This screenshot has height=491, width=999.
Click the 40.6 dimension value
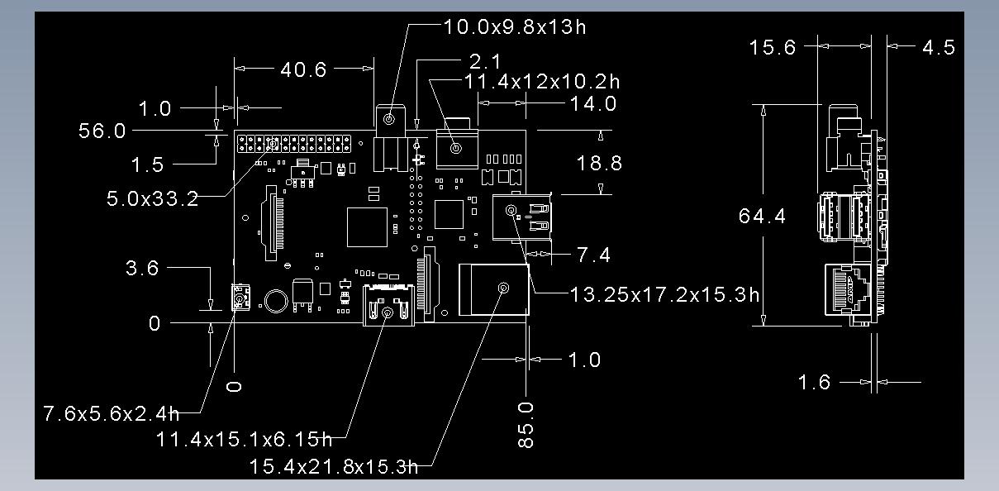(x=303, y=69)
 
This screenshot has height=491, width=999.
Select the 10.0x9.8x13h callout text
(x=515, y=26)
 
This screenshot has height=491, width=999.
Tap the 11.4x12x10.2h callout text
(x=541, y=82)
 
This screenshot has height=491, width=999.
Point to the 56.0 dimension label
(x=102, y=131)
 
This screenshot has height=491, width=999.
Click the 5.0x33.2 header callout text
(x=153, y=198)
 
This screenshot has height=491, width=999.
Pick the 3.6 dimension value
(x=142, y=268)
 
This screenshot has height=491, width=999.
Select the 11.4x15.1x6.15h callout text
(x=244, y=439)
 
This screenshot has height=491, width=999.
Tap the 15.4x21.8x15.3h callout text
(x=333, y=467)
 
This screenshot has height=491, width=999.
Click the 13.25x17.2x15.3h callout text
(x=664, y=294)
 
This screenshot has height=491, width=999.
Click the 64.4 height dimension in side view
(x=762, y=217)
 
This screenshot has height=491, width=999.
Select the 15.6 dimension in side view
(x=773, y=47)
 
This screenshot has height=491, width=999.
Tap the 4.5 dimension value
(x=939, y=47)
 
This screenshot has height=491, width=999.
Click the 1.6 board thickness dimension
(x=814, y=383)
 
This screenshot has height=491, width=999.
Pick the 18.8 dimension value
(x=599, y=163)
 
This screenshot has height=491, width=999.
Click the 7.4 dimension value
(x=593, y=255)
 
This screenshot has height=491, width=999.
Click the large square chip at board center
(x=368, y=227)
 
